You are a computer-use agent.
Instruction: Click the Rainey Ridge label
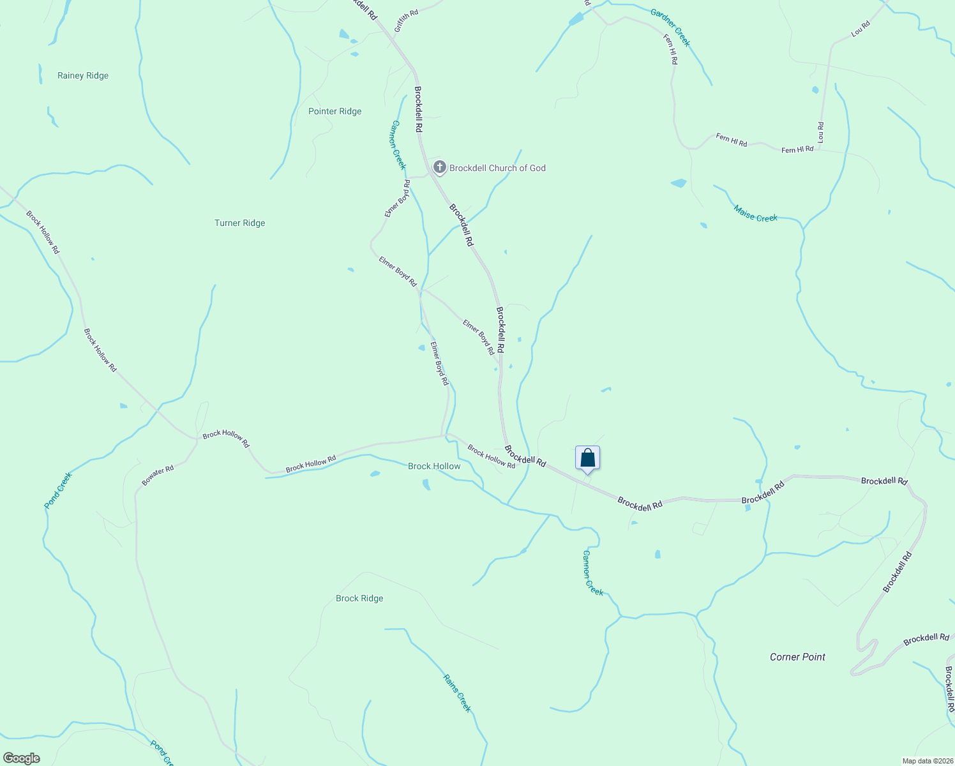point(83,75)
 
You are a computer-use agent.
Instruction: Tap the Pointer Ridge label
point(335,111)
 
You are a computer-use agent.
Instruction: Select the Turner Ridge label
point(239,223)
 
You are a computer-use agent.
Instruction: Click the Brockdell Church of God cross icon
point(439,167)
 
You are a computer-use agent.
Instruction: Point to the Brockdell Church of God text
point(497,168)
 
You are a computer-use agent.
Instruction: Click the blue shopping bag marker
point(587,458)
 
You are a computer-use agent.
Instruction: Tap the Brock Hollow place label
point(434,466)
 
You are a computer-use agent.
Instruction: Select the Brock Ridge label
point(359,598)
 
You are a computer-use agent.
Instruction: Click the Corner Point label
point(797,657)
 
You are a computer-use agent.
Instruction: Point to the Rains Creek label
point(457,693)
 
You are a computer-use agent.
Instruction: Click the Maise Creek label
point(755,214)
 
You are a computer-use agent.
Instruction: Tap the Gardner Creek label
point(670,27)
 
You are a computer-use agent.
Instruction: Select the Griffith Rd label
point(406,21)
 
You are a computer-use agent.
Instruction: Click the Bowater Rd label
point(158,476)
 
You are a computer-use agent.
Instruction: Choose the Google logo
point(21,758)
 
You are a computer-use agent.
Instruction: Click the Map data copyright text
point(926,761)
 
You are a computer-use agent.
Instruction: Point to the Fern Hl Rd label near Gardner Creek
point(670,49)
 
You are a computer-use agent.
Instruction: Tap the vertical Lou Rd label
point(821,132)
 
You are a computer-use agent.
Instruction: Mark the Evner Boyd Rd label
point(398,199)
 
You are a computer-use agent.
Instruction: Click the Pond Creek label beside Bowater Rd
point(58,490)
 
